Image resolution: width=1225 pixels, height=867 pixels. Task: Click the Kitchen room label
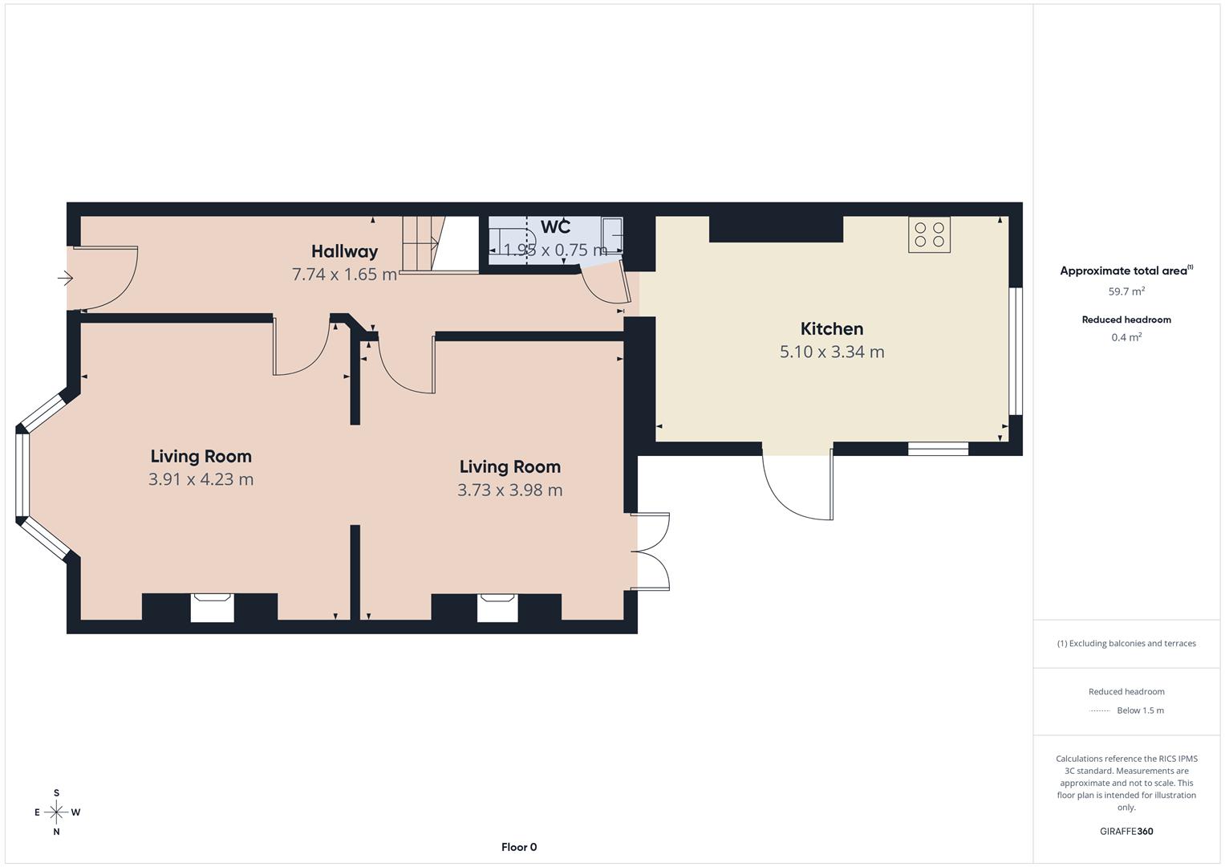[832, 329]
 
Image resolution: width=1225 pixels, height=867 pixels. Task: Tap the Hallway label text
[344, 252]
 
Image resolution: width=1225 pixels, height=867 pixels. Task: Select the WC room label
[555, 227]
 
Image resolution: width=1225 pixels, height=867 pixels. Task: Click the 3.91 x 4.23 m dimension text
[201, 479]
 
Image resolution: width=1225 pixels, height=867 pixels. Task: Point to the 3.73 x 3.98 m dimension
[509, 490]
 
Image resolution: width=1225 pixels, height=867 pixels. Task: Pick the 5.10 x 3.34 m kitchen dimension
[832, 352]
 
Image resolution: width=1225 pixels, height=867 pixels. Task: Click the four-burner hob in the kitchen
[929, 234]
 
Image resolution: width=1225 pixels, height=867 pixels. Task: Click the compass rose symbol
[56, 812]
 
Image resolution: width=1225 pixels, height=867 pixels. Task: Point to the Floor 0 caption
[519, 847]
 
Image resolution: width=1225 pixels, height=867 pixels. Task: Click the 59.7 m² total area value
[1126, 291]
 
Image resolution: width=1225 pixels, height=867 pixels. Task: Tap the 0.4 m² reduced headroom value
[1126, 337]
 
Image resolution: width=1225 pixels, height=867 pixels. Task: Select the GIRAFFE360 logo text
[1126, 832]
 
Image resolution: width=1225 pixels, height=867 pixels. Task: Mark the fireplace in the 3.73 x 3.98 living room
[497, 607]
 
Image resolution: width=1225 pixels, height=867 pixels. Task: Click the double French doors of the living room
[651, 552]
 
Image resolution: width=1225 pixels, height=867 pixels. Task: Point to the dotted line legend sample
[1100, 710]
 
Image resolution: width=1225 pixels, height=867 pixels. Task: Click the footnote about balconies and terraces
[1126, 643]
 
